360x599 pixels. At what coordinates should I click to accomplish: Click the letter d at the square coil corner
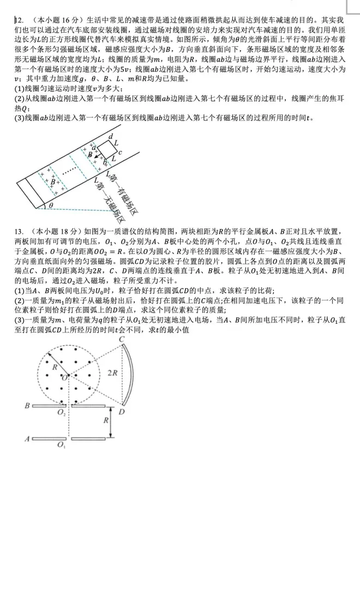click(x=111, y=136)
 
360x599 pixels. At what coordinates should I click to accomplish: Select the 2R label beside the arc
click(x=112, y=373)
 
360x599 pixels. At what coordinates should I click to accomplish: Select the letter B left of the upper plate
click(x=26, y=406)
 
